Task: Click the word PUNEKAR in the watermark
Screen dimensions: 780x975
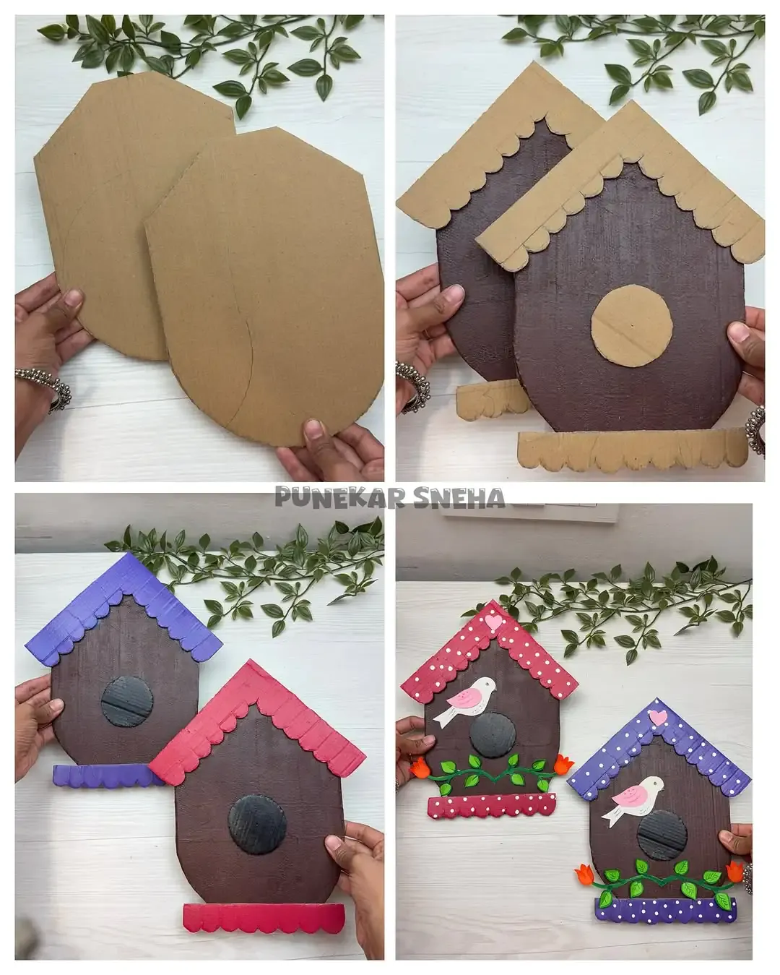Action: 339,497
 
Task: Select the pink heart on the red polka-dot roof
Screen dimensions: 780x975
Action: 493,622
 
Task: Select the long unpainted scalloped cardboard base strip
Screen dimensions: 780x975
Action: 633,450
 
